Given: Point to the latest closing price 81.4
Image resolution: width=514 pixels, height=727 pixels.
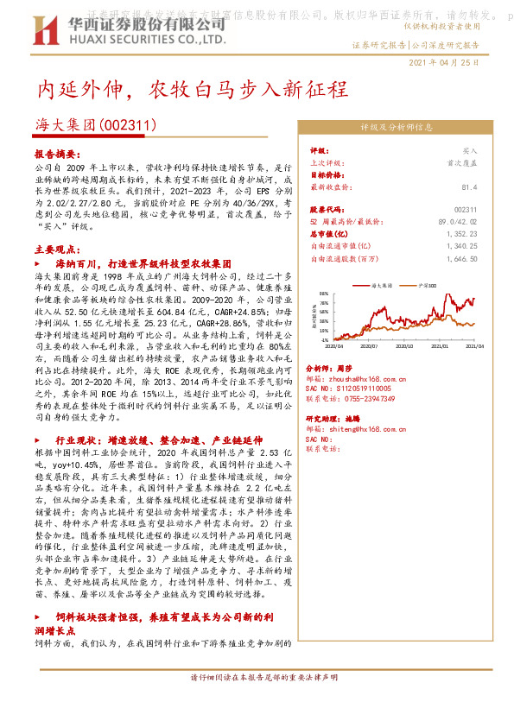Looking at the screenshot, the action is [x=469, y=186].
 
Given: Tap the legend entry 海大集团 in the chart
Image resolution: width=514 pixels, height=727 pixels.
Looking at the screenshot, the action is [x=381, y=283].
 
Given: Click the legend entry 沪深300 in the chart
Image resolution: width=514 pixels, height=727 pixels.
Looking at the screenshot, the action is [x=426, y=283].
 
